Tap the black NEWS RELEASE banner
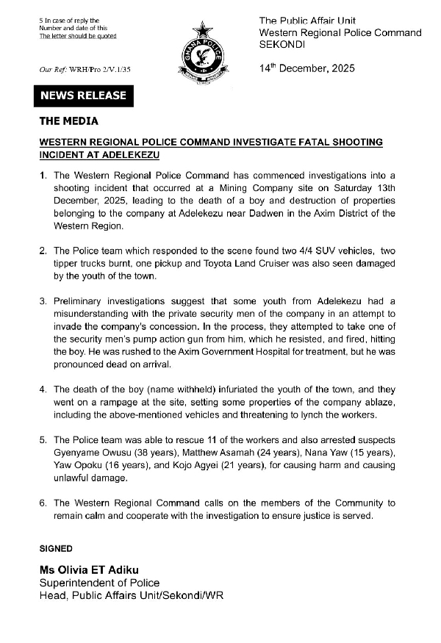coord(83,96)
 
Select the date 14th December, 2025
coord(306,68)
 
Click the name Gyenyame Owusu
coord(89,454)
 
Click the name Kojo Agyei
coord(207,467)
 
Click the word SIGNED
coord(55,548)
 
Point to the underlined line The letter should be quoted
coord(77,35)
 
